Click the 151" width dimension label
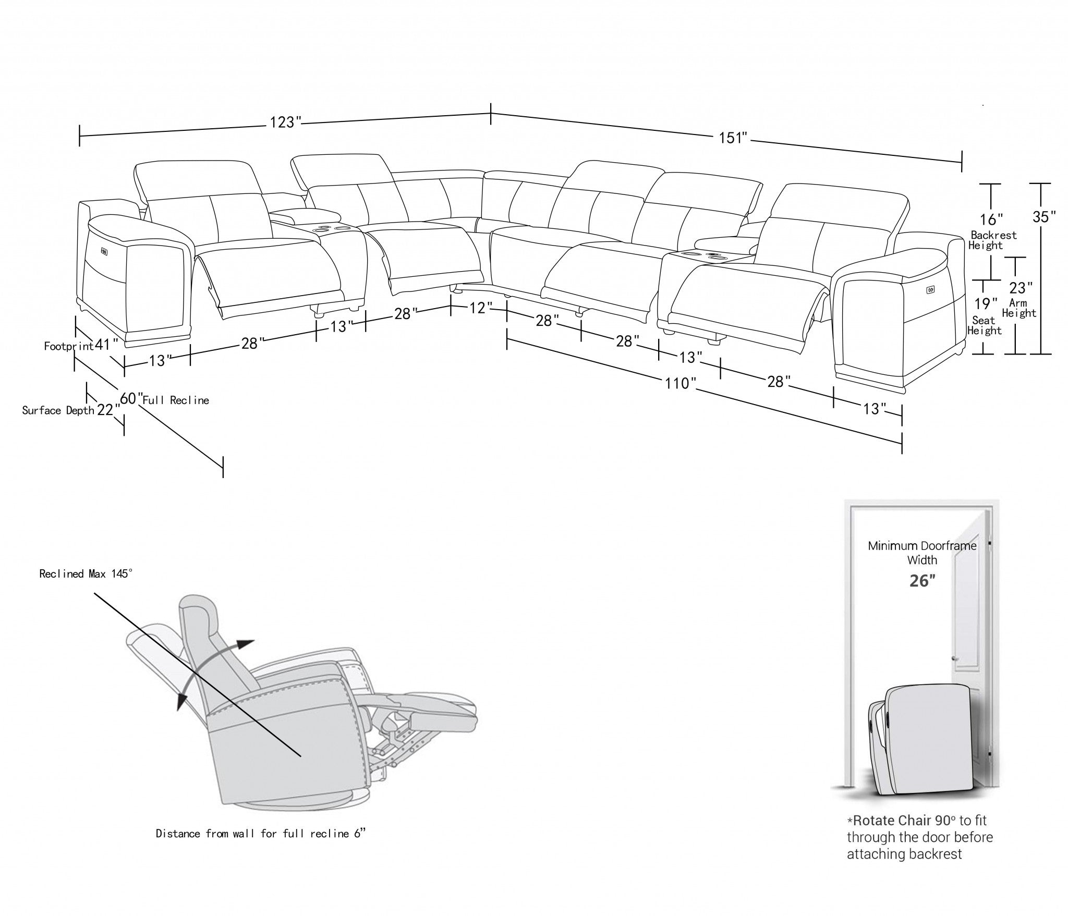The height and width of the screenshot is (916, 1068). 733,138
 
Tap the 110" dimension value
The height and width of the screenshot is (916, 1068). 680,384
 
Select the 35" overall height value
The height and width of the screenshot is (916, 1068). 1044,217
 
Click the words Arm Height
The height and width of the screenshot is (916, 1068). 1018,308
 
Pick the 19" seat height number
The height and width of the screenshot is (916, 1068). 986,303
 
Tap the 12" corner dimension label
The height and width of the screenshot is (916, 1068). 478,308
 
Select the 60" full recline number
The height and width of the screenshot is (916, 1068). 131,398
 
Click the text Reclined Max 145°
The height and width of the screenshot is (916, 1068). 86,574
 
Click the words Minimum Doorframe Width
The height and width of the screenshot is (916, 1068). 922,553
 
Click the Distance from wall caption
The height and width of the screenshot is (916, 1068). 260,834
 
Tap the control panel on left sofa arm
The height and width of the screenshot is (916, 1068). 104,252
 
